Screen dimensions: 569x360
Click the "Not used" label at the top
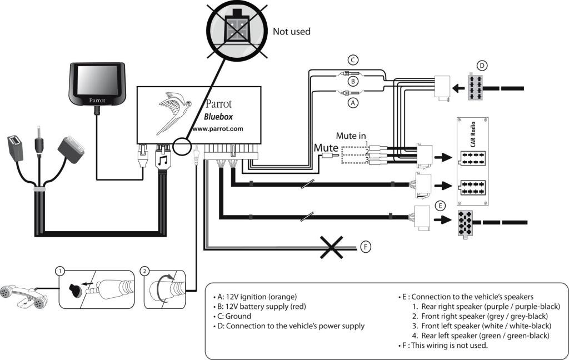[291, 32]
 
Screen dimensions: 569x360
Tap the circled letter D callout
[482, 66]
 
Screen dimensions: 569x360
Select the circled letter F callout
[366, 247]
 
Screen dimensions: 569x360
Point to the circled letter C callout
[353, 60]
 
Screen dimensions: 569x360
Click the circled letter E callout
[440, 206]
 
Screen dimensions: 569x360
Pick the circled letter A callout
[353, 103]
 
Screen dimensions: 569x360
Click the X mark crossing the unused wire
[331, 247]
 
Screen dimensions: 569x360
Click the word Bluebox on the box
[218, 117]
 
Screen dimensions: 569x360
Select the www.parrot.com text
[217, 129]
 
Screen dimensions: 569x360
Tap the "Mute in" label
[351, 136]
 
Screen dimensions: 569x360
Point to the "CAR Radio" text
[473, 134]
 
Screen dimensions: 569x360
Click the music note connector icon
[163, 159]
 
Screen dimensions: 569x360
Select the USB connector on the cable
[16, 148]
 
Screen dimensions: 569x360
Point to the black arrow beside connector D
[458, 88]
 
